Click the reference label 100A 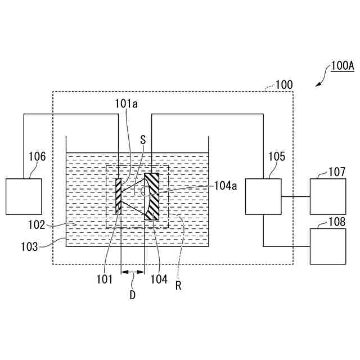[x=342, y=66]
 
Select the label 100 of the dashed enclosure [x=284, y=85]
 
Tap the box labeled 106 [x=24, y=196]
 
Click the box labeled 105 [x=263, y=196]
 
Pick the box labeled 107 [x=328, y=196]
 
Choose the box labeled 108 [x=328, y=246]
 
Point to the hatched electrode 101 [x=119, y=196]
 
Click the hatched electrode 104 [x=152, y=196]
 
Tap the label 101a [x=126, y=103]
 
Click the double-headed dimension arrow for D [x=133, y=272]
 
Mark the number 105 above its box [x=276, y=156]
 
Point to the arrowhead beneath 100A [x=318, y=84]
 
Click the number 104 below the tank [x=159, y=278]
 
